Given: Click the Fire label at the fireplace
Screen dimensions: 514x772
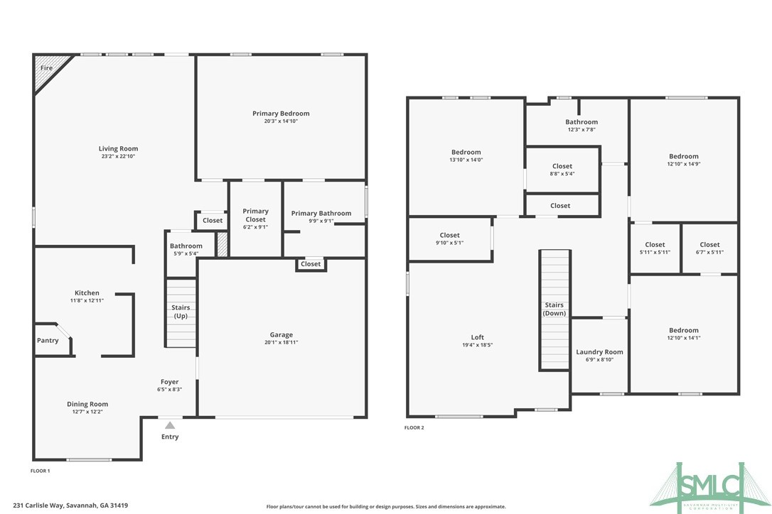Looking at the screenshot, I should [x=46, y=68].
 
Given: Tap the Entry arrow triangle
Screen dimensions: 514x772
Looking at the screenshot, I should [x=170, y=425].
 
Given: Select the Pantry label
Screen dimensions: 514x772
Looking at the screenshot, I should [x=48, y=341].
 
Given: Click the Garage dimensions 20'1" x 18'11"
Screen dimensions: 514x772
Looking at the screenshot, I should [x=281, y=343].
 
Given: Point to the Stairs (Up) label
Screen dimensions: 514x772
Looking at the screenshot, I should [x=181, y=312].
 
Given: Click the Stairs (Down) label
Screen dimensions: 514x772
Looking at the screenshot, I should [x=554, y=309].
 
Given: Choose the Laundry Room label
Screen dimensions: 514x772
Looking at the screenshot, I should [x=599, y=352].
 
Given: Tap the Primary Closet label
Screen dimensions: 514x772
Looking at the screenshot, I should [x=255, y=215].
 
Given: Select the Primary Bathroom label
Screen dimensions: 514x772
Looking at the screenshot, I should [x=321, y=213].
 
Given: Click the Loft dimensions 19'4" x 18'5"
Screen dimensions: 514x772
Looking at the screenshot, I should [x=478, y=345].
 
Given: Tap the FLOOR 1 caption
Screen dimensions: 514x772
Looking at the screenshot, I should [x=40, y=471].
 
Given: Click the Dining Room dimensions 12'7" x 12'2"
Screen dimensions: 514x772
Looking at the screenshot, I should [x=87, y=412].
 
